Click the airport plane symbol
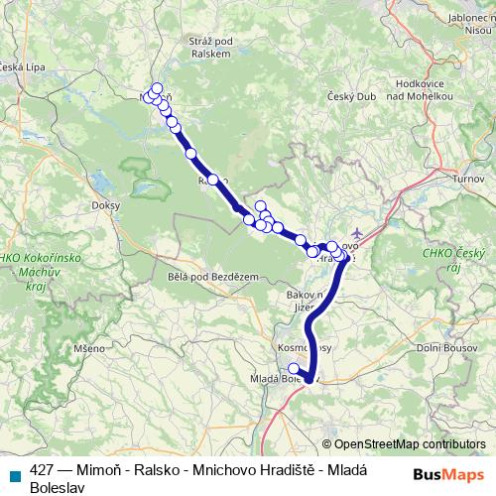(x=357, y=234)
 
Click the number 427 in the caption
(x=42, y=472)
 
